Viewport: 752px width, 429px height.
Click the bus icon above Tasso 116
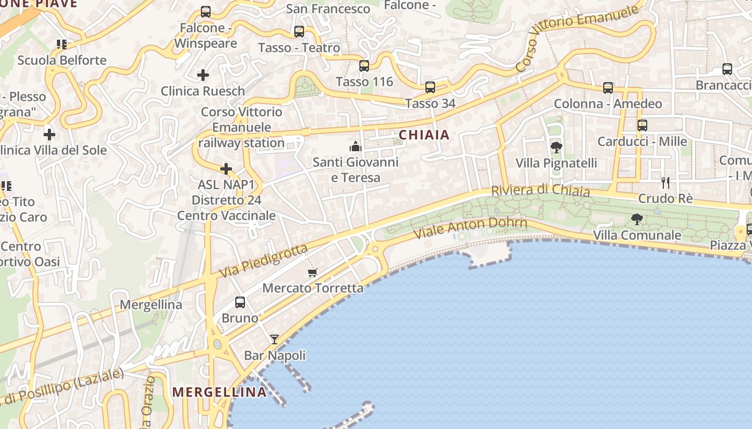pos(364,66)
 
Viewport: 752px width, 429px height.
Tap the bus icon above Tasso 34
pos(430,87)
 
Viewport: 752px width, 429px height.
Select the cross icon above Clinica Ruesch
pos(203,75)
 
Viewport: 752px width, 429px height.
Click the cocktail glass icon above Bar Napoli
pos(274,339)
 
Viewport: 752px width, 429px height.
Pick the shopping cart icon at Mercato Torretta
pos(313,272)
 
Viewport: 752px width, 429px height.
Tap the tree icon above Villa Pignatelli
pos(556,147)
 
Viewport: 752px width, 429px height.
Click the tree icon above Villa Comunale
pos(637,219)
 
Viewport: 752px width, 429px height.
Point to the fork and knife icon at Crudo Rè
pos(666,182)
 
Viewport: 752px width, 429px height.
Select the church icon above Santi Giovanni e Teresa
pos(355,146)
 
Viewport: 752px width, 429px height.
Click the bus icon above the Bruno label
pos(240,302)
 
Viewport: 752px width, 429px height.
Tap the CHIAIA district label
pos(424,135)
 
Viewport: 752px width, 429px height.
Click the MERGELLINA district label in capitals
pos(219,392)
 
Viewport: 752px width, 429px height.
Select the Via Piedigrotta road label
pos(264,261)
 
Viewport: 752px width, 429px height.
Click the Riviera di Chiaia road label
pos(540,191)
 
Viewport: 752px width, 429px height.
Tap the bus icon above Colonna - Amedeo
pos(608,88)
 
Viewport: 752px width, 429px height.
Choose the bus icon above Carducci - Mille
pos(642,125)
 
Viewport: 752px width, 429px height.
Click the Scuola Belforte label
pos(62,60)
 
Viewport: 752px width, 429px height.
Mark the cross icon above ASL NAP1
pos(226,169)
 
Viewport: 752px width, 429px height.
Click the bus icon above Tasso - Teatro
pos(299,32)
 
